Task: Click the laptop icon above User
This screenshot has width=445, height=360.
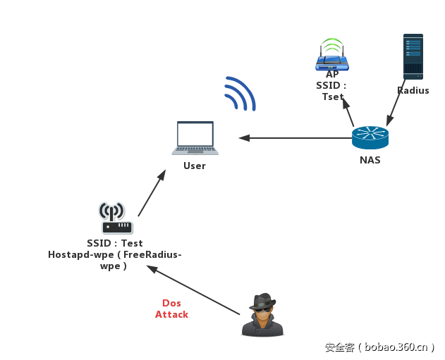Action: click(x=195, y=138)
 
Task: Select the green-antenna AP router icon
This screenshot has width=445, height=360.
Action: click(x=331, y=56)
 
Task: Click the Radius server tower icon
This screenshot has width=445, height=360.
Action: click(x=413, y=56)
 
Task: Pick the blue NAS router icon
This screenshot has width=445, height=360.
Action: click(x=370, y=137)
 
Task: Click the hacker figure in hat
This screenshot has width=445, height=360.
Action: click(x=263, y=314)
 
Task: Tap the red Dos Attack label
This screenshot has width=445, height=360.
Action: click(x=171, y=309)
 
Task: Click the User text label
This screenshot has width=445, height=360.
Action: click(x=195, y=166)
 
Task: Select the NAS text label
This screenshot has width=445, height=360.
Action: click(x=370, y=160)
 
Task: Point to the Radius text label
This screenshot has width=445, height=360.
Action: click(x=413, y=91)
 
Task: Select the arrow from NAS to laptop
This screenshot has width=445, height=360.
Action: click(x=296, y=138)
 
